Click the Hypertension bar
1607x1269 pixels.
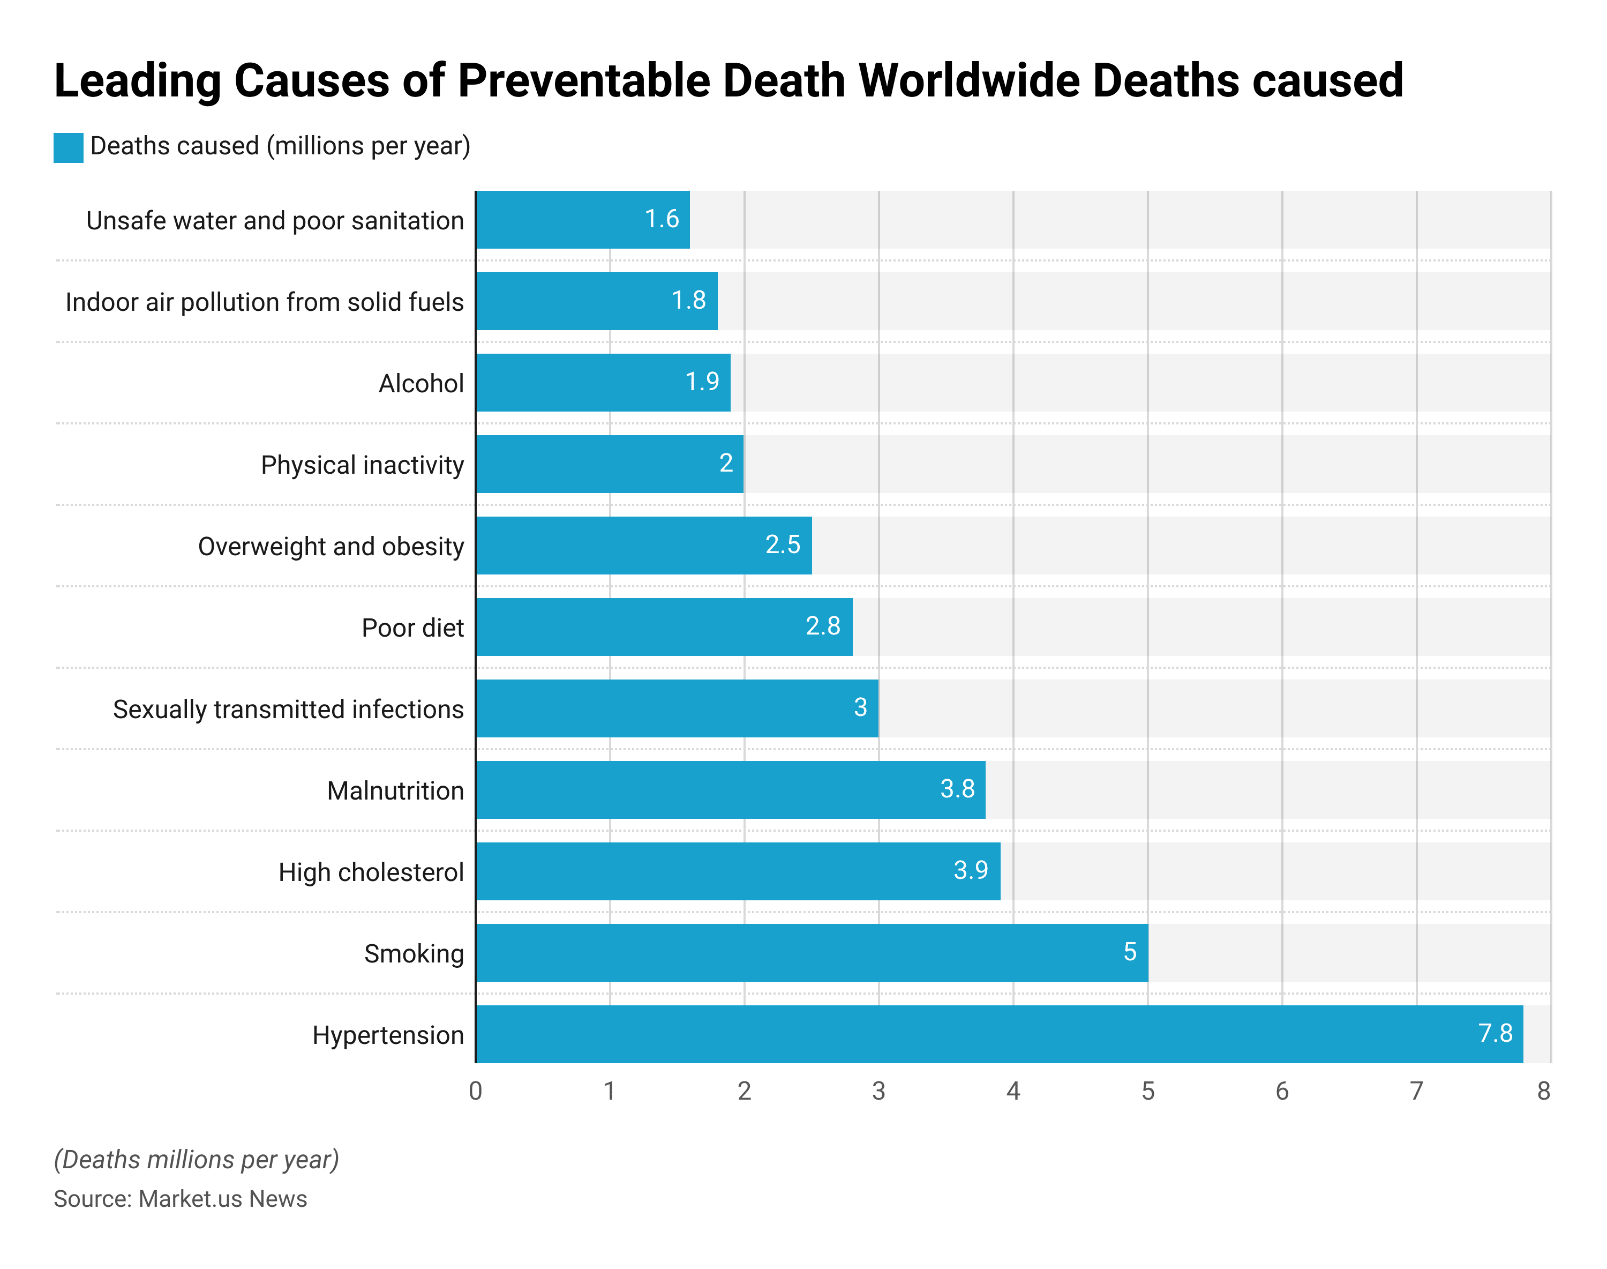pos(999,1034)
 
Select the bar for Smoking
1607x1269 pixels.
pos(812,952)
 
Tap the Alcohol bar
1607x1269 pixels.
pos(603,383)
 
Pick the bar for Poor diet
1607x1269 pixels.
pos(664,627)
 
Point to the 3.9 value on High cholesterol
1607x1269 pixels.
pos(970,870)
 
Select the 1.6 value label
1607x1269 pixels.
pos(661,219)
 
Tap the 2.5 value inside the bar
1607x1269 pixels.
pos(783,544)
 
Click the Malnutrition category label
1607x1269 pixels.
pos(395,790)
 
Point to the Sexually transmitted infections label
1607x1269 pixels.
pos(288,710)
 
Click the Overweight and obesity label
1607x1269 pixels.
pos(331,547)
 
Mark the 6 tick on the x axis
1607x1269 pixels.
pos(1282,1091)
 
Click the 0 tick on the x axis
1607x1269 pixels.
pos(475,1091)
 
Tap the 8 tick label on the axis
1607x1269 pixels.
pos(1543,1091)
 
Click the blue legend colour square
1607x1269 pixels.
pos(69,147)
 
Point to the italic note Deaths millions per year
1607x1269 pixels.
pos(196,1160)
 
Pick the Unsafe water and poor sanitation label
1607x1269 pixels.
pos(275,221)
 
